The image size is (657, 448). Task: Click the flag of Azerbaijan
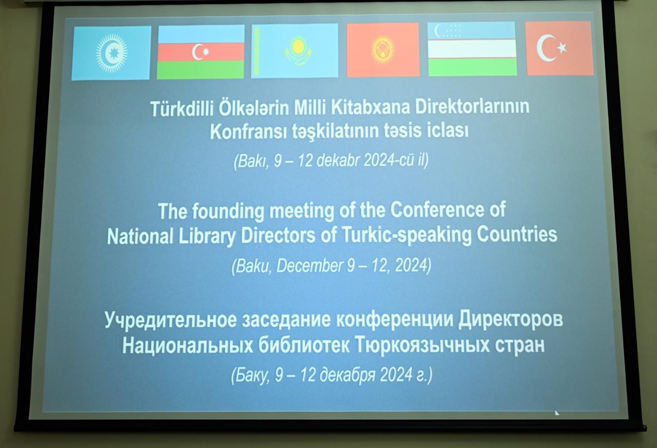201,52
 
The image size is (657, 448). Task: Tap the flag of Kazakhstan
295,50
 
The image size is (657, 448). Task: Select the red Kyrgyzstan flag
383,50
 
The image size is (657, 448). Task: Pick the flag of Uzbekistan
472,49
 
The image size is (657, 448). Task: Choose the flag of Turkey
559,48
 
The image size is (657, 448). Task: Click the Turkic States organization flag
111,53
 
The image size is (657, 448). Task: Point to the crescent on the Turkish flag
546,48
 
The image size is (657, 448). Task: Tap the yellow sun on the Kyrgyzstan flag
382,50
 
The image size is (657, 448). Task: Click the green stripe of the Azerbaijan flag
200,69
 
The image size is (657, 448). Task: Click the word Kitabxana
370,107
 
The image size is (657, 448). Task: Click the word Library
207,236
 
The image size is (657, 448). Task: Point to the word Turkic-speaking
407,235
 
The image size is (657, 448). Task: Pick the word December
310,266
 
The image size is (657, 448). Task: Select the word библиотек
303,346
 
